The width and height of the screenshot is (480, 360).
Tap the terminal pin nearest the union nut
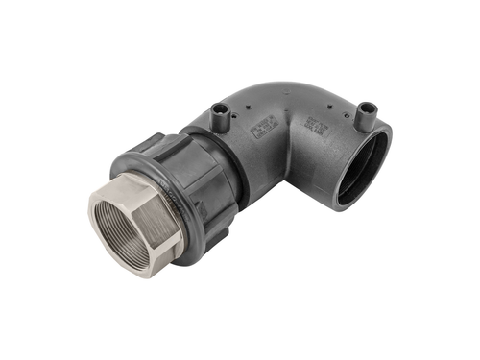coord(221,113)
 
